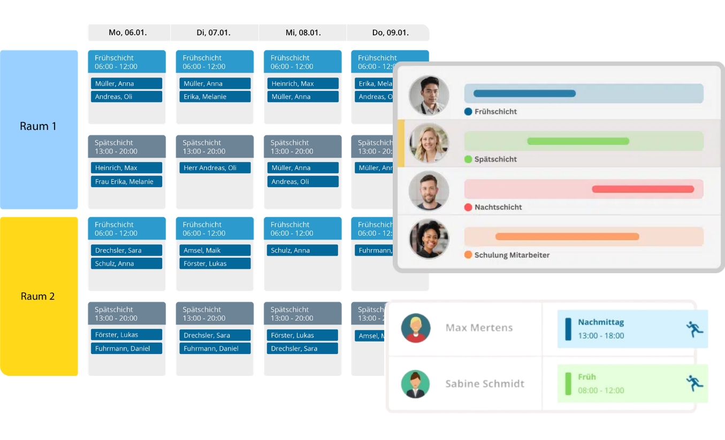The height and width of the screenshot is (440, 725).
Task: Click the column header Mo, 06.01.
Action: (127, 33)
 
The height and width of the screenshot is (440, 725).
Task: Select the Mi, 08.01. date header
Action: (303, 33)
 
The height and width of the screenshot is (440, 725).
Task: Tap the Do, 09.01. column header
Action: (390, 33)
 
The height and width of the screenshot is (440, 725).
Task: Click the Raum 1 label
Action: (38, 127)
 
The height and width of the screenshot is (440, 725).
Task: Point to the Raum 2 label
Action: (38, 296)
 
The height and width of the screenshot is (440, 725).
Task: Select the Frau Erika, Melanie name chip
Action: (126, 182)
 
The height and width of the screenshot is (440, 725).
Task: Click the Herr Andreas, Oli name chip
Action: (215, 168)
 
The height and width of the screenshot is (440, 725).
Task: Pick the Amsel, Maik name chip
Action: (215, 250)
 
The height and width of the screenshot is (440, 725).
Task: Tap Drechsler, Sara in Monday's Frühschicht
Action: (126, 250)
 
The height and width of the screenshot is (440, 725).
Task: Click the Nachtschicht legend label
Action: (498, 207)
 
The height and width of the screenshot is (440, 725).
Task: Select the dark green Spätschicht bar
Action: (578, 142)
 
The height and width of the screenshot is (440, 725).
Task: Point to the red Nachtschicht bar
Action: (643, 189)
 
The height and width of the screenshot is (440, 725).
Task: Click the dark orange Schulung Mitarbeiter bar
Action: (567, 236)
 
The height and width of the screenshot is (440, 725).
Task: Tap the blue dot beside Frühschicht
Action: (468, 112)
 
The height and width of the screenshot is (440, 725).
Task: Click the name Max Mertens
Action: (479, 328)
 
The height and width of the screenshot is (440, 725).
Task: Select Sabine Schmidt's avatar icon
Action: (415, 384)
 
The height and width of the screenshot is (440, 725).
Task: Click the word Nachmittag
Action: (601, 322)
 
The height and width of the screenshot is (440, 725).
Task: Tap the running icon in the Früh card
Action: (695, 383)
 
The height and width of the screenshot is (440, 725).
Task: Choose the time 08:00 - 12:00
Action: (601, 390)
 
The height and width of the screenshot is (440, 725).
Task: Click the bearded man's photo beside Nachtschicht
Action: (429, 191)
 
